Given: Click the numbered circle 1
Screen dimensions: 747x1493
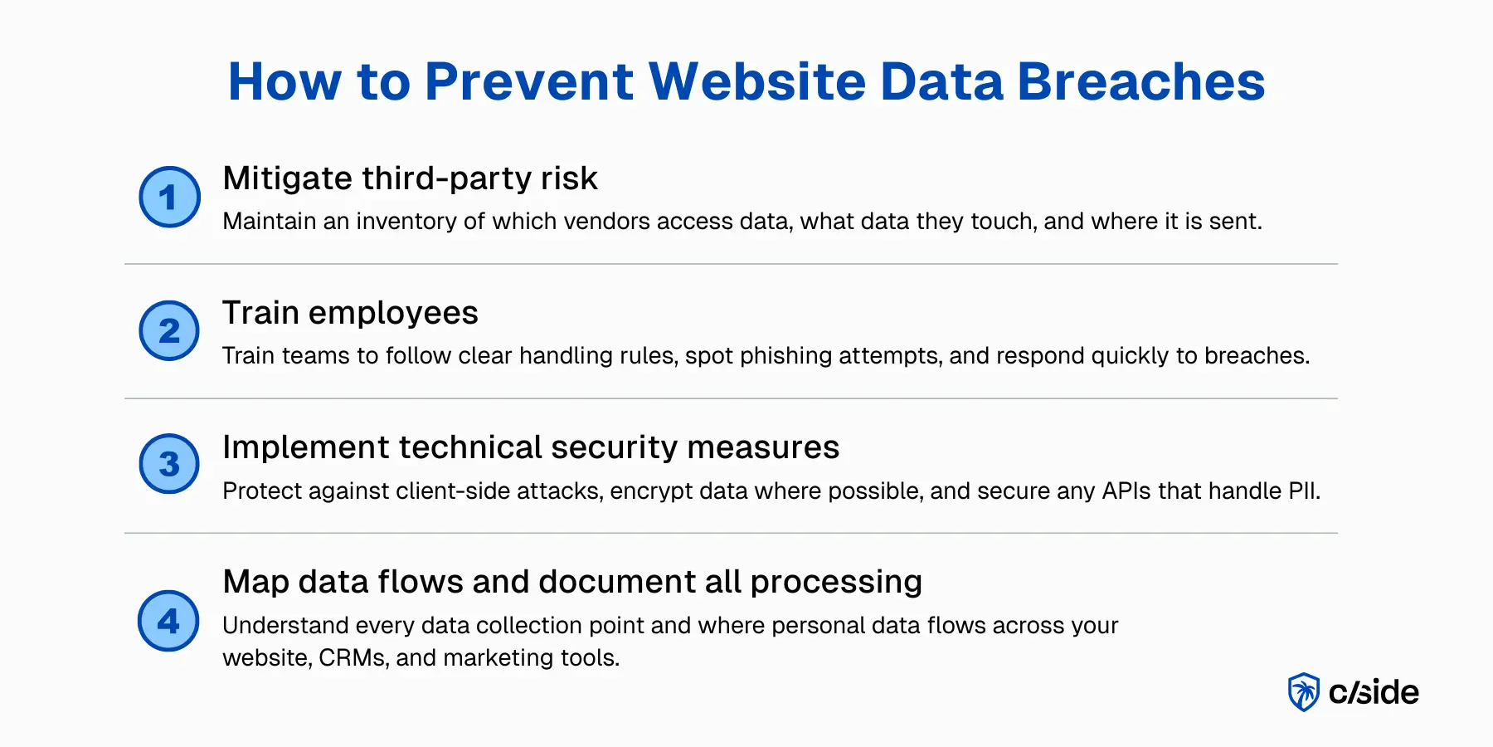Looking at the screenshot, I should tap(169, 197).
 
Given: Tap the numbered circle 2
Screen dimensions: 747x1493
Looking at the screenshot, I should tap(169, 330).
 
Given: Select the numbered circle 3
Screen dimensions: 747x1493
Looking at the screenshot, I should tap(169, 464).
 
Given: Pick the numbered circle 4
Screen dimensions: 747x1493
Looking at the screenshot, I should tap(168, 621).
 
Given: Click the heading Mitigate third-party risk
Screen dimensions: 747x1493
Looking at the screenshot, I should tap(410, 178).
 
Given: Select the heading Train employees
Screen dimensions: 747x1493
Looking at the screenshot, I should tap(350, 313).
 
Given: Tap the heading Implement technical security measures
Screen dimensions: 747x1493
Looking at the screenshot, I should tap(531, 447).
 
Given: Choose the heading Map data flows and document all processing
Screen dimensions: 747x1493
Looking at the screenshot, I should tap(572, 582).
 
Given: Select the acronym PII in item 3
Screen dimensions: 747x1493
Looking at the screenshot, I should tap(1302, 491).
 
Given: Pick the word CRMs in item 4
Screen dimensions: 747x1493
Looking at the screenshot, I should tap(353, 657).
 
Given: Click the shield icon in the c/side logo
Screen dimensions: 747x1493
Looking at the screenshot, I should tap(1304, 692).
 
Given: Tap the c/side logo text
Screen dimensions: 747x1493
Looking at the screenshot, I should tap(1374, 692).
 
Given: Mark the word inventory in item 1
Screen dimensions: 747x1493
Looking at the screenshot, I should tap(406, 222).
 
